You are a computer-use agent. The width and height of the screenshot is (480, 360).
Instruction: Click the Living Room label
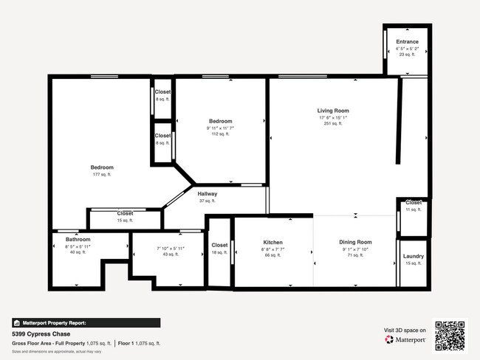332,110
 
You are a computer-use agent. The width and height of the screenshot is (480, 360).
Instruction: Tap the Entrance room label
407,42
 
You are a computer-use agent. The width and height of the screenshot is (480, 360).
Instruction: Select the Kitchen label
273,243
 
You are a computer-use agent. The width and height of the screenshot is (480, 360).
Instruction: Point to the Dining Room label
355,243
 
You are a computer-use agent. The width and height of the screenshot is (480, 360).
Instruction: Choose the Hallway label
207,194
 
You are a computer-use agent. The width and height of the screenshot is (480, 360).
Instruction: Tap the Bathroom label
78,240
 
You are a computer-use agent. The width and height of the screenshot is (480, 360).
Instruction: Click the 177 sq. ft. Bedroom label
102,167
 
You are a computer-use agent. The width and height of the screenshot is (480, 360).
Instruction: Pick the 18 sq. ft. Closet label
219,246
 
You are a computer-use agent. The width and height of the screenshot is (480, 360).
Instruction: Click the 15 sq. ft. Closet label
126,213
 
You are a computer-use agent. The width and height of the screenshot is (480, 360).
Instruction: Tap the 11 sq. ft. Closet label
414,203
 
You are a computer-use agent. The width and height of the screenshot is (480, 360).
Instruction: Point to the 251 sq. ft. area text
332,124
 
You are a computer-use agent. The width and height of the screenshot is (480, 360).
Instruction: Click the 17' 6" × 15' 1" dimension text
332,117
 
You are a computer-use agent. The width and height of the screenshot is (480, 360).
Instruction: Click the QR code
450,336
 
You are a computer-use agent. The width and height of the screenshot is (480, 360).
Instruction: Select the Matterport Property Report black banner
86,322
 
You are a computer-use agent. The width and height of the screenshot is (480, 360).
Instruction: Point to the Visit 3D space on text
405,330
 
